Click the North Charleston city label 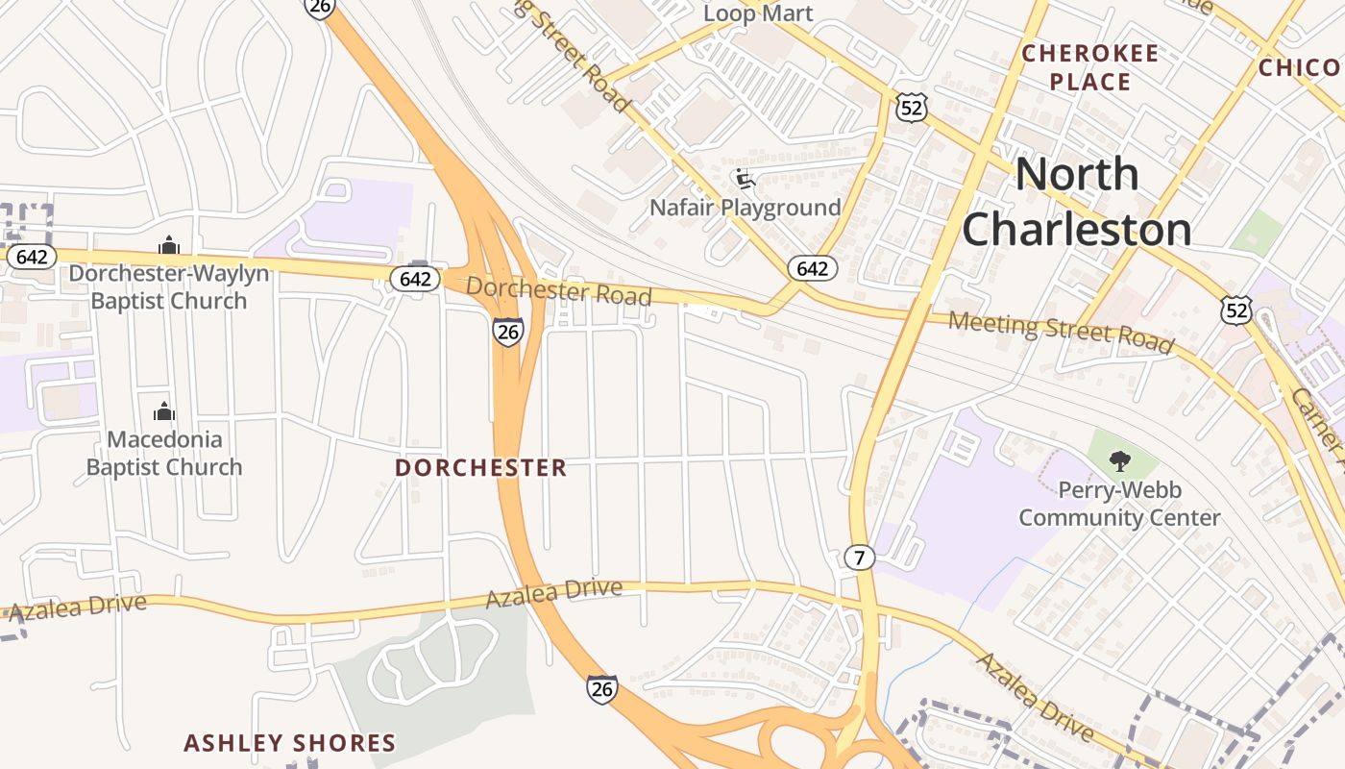tap(1077, 201)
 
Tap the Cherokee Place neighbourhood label tap(1089, 67)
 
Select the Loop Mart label tap(758, 13)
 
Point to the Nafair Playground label tap(745, 208)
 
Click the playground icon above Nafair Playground tap(743, 178)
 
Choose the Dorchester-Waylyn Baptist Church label tap(169, 286)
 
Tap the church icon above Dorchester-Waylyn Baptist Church tap(169, 246)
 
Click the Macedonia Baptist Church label tap(164, 453)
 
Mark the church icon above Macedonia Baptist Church tap(164, 412)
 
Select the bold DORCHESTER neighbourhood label tap(481, 468)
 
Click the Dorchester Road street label tap(559, 291)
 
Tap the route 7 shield tap(860, 558)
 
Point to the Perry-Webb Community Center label tap(1119, 504)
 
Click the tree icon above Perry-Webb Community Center tap(1119, 460)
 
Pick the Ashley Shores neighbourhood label tap(290, 743)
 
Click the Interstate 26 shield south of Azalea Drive tap(602, 689)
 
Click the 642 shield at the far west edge tap(32, 258)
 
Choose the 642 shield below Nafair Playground tap(812, 268)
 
